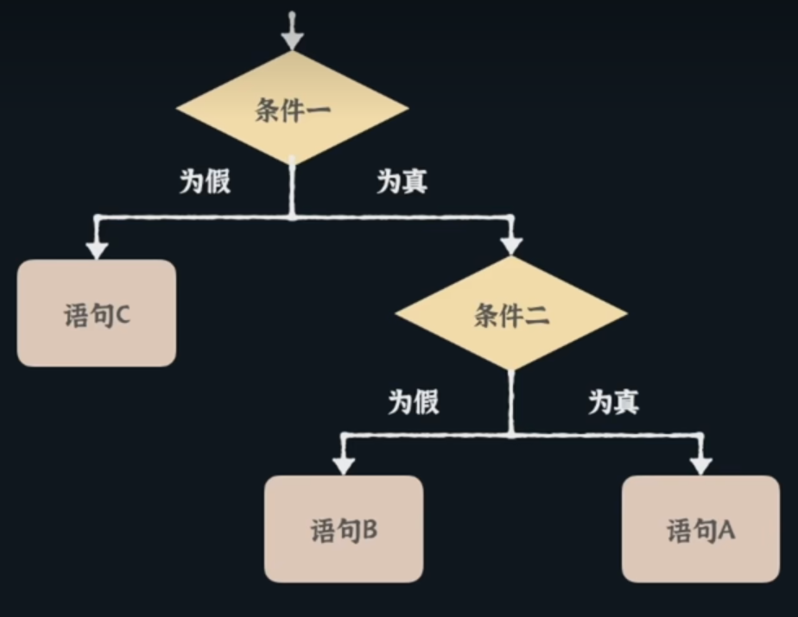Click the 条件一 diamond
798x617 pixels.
coord(292,109)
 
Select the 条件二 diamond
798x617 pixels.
coord(511,315)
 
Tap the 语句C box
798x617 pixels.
coord(97,314)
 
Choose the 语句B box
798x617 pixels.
coord(344,529)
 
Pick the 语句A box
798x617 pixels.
coord(700,529)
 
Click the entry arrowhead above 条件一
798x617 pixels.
coord(293,39)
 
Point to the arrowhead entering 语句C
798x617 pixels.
coord(97,249)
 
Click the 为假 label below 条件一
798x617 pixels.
coord(206,181)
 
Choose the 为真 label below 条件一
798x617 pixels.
coord(402,181)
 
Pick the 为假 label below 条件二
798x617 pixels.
coord(414,401)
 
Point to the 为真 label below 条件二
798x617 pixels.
coord(614,401)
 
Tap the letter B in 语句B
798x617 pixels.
coord(369,530)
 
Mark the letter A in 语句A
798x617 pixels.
coord(725,530)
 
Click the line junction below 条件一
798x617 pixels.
coord(292,217)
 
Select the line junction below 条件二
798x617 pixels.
coord(511,434)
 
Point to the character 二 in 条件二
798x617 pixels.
coord(536,316)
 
